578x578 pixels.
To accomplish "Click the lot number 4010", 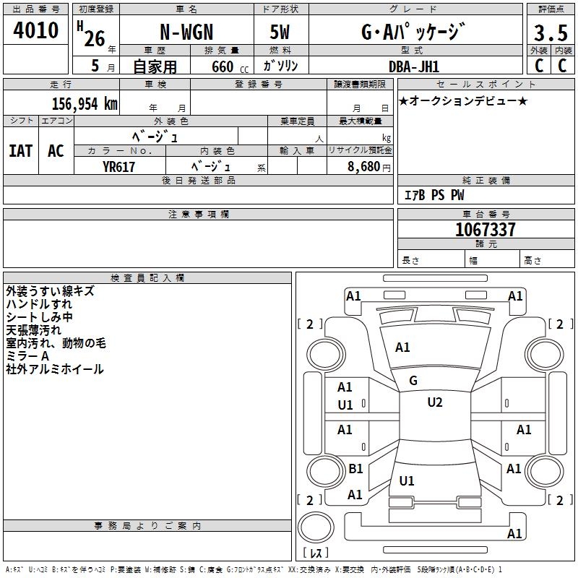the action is coord(35,30).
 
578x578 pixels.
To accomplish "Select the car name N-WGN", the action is coord(186,32).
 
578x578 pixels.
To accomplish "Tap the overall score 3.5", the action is coord(551,33).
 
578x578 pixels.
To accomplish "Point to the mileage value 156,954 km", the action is coord(85,104).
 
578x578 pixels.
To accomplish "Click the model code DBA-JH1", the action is coord(414,66).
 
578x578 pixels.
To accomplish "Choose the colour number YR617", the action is coord(118,167).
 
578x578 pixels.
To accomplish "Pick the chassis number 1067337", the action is coord(485,230).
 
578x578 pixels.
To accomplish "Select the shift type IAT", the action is coord(21,151).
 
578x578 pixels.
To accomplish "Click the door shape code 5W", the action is coord(280,32).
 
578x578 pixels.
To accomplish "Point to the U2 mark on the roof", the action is coord(435,402).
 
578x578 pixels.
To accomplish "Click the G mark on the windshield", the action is coord(413,381).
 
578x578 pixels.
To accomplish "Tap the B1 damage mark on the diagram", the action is coord(355,469).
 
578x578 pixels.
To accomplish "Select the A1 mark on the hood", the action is coord(402,348).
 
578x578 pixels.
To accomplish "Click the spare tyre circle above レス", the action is coord(316,527).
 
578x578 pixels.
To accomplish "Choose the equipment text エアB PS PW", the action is coord(434,195).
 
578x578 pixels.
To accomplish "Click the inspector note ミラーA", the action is coord(27,356).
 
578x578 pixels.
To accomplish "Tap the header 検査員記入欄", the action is coord(147,278).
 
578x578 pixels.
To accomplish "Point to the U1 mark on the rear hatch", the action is coord(407,481).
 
